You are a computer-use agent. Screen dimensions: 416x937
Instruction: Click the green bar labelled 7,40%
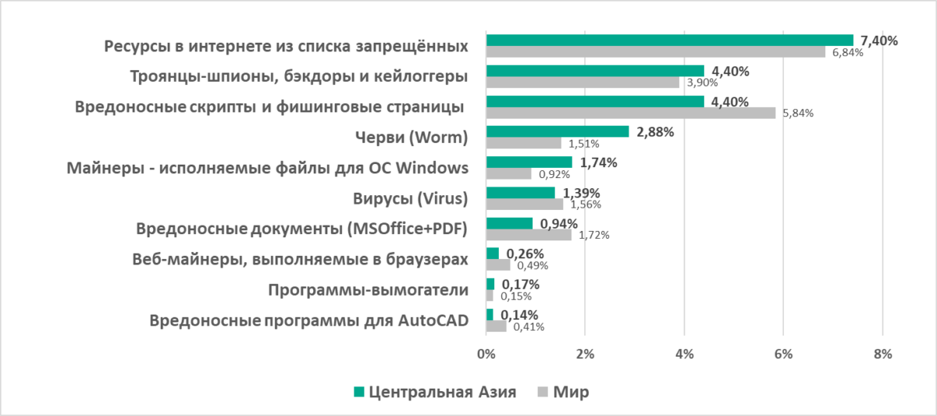pyautogui.click(x=669, y=41)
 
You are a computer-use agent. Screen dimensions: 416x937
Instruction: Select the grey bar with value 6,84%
pyautogui.click(x=655, y=52)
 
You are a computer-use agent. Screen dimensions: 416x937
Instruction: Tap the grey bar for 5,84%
pyautogui.click(x=630, y=113)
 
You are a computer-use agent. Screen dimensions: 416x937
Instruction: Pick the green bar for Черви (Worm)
pyautogui.click(x=557, y=131)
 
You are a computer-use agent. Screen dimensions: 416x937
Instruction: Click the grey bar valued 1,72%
pyautogui.click(x=529, y=234)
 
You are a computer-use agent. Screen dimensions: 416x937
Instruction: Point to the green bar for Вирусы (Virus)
pyautogui.click(x=520, y=192)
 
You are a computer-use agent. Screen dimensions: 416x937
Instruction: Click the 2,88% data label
pyautogui.click(x=655, y=132)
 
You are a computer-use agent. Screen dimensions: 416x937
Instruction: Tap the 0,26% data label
pyautogui.click(x=525, y=254)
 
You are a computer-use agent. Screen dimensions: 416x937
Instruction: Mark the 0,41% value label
pyautogui.click(x=529, y=326)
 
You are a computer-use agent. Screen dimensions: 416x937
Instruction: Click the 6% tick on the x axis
pyautogui.click(x=783, y=354)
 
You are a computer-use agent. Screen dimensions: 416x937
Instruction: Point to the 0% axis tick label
pyautogui.click(x=486, y=354)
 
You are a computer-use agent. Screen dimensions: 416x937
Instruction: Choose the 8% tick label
pyautogui.click(x=882, y=354)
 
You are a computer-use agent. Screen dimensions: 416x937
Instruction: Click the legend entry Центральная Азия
pyautogui.click(x=442, y=392)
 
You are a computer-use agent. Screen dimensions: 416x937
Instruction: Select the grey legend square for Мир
pyautogui.click(x=543, y=392)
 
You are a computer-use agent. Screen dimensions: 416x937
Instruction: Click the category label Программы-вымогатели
pyautogui.click(x=368, y=290)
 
